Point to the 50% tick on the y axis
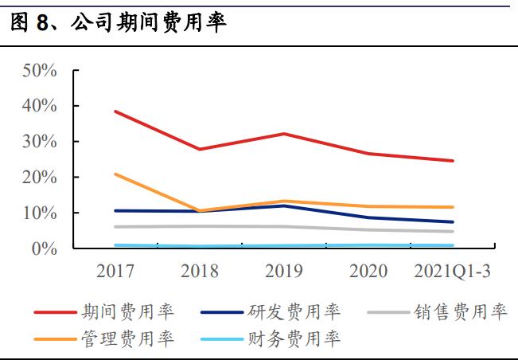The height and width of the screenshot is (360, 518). pyautogui.click(x=39, y=70)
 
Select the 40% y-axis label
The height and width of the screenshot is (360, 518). pyautogui.click(x=39, y=106)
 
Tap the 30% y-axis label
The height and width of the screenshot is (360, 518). pyautogui.click(x=39, y=142)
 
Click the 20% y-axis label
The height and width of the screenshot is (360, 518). pyautogui.click(x=39, y=178)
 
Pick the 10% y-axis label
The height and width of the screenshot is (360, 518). pyautogui.click(x=39, y=213)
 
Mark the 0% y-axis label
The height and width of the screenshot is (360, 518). pyautogui.click(x=44, y=249)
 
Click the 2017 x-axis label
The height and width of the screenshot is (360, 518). pyautogui.click(x=115, y=272)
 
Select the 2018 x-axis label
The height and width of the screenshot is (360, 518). pyautogui.click(x=200, y=272)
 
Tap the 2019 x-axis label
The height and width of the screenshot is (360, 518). pyautogui.click(x=283, y=272)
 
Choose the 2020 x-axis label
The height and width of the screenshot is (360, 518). pyautogui.click(x=368, y=272)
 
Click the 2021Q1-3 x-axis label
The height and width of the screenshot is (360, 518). pyautogui.click(x=452, y=272)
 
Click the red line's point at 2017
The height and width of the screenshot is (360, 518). pyautogui.click(x=116, y=112)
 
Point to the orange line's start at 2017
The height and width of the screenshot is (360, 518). pyautogui.click(x=116, y=174)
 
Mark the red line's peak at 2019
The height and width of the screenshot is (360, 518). pyautogui.click(x=284, y=134)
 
